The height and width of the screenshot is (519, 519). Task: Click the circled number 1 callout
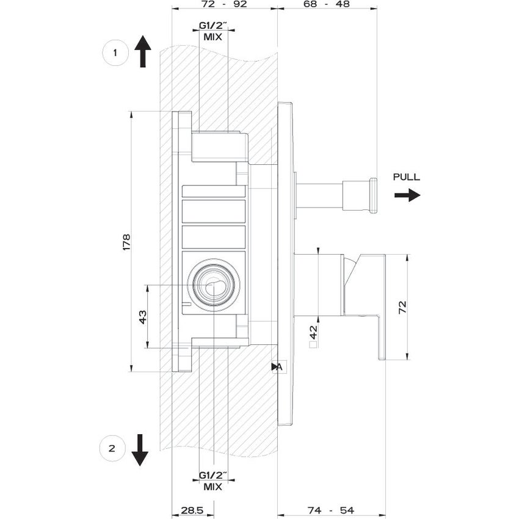[114, 53]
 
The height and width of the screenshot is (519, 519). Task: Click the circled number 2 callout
[112, 449]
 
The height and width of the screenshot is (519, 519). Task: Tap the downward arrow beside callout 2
[140, 450]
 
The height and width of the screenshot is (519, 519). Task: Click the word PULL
[407, 177]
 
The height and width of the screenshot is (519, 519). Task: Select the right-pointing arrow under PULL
[407, 195]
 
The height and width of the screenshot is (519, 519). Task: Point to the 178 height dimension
[126, 241]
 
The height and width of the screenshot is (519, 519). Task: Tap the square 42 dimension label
[314, 336]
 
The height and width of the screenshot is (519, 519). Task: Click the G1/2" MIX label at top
[213, 31]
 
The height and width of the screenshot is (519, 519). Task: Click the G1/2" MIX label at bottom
[213, 481]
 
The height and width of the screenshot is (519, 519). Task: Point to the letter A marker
[278, 366]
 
